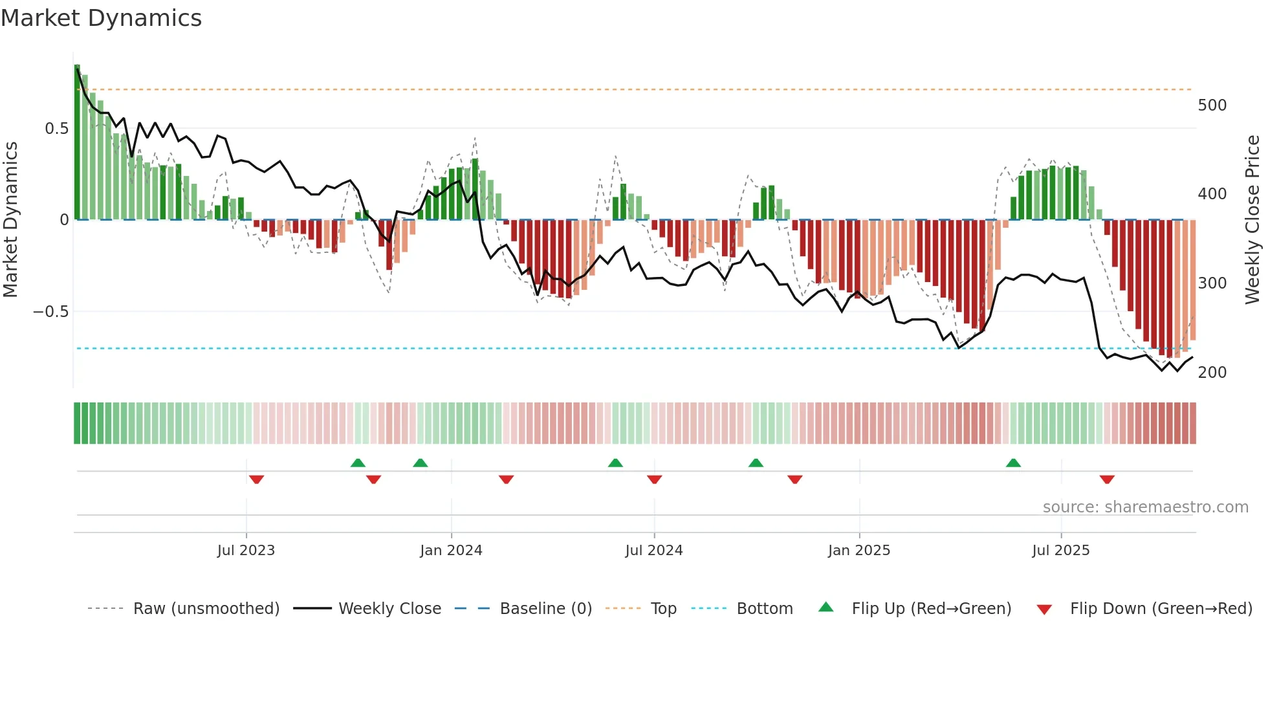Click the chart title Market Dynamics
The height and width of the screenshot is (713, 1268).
102,18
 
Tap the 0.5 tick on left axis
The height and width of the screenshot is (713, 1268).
56,129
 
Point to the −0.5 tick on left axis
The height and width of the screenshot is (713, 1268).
51,312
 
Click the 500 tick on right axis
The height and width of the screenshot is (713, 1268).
1212,105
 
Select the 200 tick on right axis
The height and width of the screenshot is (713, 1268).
1212,373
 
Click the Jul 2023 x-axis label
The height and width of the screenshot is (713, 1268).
246,551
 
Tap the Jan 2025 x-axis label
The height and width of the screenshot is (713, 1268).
858,551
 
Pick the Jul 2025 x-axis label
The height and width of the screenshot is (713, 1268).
1060,551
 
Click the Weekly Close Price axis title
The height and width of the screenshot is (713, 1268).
1252,220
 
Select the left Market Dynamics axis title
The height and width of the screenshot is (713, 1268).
11,220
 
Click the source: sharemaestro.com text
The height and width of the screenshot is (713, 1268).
1145,507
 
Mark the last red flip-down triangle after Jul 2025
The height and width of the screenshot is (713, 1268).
1107,479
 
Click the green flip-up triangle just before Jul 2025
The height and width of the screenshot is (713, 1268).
1013,463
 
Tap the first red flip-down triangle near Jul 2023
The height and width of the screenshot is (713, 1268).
256,479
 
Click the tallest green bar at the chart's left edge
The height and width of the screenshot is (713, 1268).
78,142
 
